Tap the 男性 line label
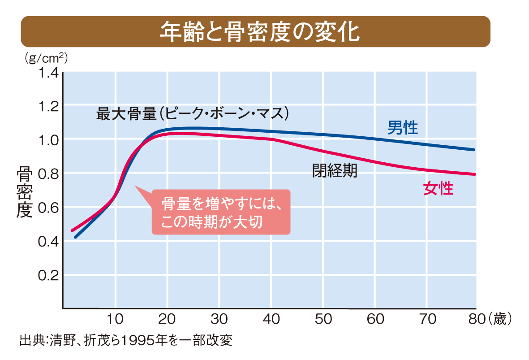[402, 128]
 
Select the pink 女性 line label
[438, 189]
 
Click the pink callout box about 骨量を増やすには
[221, 212]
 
